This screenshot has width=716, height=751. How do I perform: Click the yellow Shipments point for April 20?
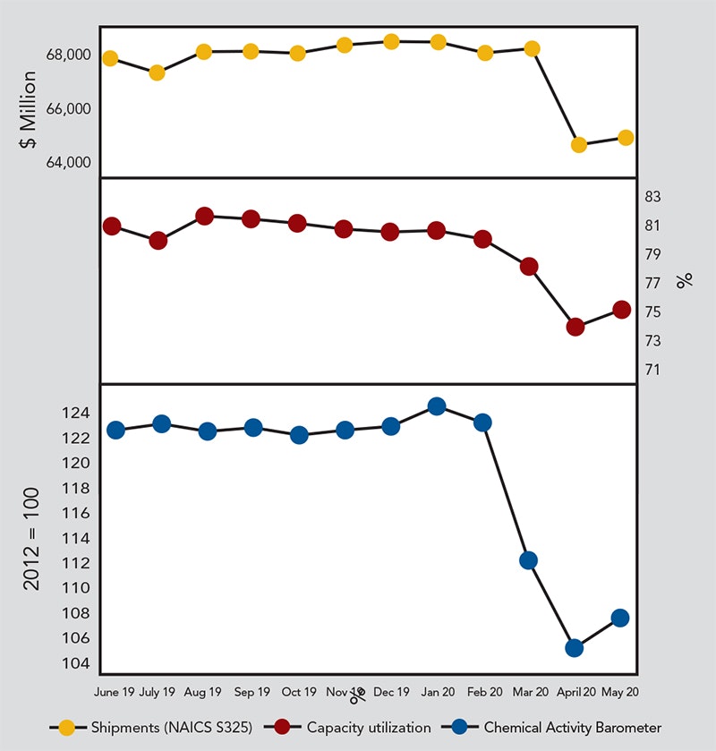click(578, 145)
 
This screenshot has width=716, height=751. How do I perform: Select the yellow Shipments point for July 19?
click(157, 73)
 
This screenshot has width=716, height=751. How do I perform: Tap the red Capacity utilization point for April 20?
click(575, 327)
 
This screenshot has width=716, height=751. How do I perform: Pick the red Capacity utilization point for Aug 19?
click(204, 216)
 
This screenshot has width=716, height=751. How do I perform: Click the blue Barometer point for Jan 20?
click(437, 406)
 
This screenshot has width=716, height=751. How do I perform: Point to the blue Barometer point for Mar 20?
click(528, 560)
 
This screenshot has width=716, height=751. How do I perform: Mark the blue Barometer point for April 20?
click(575, 648)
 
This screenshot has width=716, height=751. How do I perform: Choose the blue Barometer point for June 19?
click(115, 430)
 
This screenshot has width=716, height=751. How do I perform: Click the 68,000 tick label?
click(67, 55)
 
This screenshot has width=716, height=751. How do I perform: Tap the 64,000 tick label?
click(67, 163)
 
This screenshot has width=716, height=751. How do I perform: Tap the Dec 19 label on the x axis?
click(390, 692)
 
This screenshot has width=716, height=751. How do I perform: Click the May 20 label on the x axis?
click(620, 692)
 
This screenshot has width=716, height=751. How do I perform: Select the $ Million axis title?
click(28, 110)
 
